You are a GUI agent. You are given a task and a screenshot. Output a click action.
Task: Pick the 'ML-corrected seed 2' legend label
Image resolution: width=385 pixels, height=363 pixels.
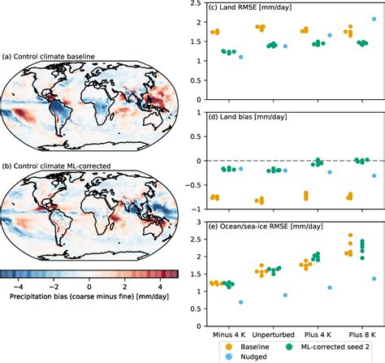333,340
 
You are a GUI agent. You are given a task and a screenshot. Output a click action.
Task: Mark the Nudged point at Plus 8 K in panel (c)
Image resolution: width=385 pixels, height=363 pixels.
373,19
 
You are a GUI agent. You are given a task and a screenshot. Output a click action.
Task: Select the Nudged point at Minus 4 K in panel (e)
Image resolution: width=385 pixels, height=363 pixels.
240,302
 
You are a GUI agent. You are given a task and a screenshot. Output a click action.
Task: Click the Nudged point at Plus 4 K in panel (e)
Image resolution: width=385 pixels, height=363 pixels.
329,287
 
